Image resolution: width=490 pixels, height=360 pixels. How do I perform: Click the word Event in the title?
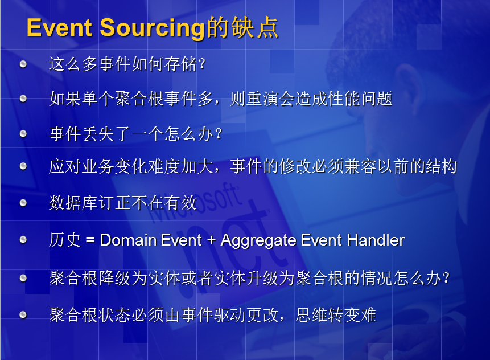[x=59, y=27]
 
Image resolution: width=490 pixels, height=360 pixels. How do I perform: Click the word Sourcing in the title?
[x=152, y=29]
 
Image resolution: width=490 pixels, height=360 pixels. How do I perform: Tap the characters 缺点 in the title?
[x=255, y=27]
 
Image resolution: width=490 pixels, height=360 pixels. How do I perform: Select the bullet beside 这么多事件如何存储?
[x=23, y=64]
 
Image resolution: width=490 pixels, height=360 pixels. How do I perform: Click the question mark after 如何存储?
[x=202, y=64]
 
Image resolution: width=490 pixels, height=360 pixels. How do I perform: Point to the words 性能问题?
[x=359, y=99]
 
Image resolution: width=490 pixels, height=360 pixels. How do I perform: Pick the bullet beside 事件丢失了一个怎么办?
[x=23, y=134]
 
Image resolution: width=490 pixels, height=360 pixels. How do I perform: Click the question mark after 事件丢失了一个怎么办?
[x=219, y=134]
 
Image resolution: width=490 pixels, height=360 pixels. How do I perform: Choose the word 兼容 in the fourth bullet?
[x=360, y=166]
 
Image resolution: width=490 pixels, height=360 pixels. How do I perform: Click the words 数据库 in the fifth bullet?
[x=74, y=203]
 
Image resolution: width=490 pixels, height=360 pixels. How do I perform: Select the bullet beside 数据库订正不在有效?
[x=23, y=203]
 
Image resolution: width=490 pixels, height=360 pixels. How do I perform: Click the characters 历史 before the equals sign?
[x=65, y=240]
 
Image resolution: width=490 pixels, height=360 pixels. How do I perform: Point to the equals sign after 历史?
[x=90, y=240]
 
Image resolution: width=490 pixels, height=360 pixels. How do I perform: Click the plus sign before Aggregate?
[x=211, y=240]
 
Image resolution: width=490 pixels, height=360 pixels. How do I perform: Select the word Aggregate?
[x=259, y=241]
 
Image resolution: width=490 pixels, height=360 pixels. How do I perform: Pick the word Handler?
[x=376, y=240]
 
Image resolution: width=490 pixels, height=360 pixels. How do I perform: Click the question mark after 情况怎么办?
[x=446, y=278]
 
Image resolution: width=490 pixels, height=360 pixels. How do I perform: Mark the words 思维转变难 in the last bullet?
[x=336, y=314]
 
